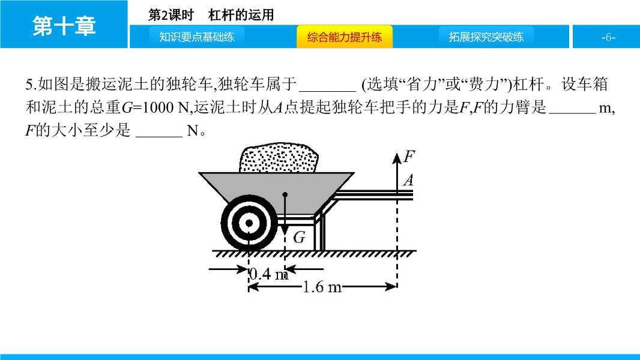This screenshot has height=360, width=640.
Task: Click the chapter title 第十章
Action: click(x=64, y=26)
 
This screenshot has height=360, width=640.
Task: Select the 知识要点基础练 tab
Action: click(x=197, y=37)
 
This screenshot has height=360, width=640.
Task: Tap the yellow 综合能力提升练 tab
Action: click(x=345, y=37)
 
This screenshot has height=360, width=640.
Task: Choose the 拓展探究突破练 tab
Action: click(x=486, y=37)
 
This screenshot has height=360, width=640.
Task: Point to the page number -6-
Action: click(x=608, y=38)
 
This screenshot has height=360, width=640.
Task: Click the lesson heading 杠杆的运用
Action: click(x=241, y=15)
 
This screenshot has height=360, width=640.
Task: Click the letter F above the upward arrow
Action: click(x=409, y=156)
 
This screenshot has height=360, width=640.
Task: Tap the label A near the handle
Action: click(x=408, y=180)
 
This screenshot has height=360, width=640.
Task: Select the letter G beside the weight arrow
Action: click(x=299, y=237)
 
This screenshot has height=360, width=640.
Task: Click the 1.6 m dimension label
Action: click(x=322, y=287)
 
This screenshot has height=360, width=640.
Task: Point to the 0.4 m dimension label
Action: click(x=268, y=274)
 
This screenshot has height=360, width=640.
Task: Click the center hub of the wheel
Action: click(x=249, y=223)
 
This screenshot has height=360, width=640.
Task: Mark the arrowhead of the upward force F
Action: click(x=397, y=158)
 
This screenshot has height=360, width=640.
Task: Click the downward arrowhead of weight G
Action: click(x=285, y=230)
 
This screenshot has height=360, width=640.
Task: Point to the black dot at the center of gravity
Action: click(x=285, y=194)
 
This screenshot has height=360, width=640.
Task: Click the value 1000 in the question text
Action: click(x=158, y=107)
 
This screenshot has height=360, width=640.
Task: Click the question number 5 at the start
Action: click(x=29, y=85)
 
